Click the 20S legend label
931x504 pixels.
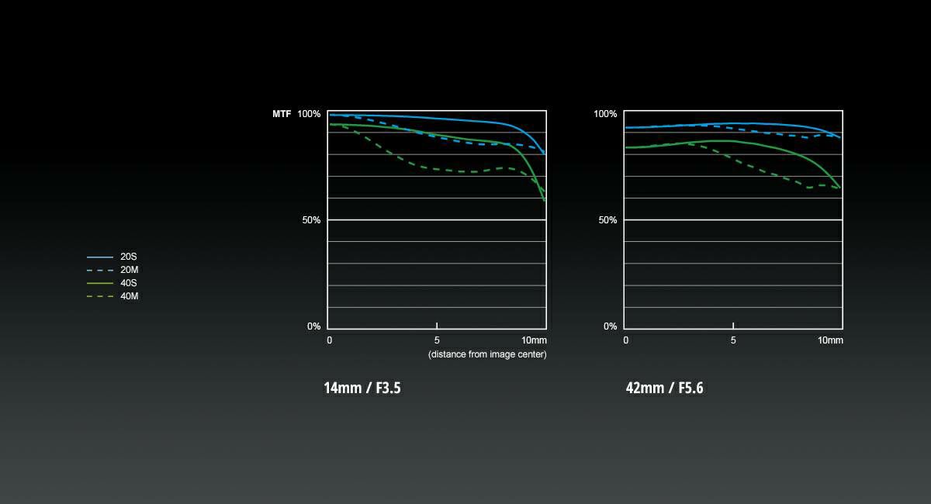(129, 257)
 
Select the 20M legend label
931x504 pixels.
(130, 270)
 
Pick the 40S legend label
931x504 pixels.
(129, 283)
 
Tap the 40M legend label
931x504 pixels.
(130, 296)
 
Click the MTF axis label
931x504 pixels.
(282, 114)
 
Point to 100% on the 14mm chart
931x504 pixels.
(309, 114)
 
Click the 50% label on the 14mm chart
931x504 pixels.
(311, 220)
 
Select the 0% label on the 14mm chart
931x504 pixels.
(313, 326)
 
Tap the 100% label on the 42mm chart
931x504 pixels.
(605, 114)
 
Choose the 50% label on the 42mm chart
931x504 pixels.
(607, 220)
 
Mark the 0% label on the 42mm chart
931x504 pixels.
(610, 326)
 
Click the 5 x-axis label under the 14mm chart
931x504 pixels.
(437, 340)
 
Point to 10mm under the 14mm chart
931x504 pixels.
(534, 340)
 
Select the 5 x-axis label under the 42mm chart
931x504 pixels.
(733, 340)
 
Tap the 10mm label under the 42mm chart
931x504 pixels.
(830, 340)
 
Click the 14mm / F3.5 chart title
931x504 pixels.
(362, 388)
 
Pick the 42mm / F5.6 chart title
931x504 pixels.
(664, 388)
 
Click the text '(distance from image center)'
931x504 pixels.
(487, 354)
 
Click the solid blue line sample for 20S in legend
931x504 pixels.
(101, 257)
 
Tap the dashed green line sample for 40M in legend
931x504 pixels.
(101, 296)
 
